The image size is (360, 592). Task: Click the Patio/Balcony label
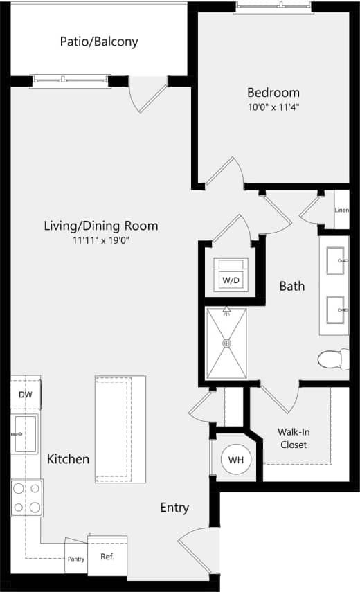pyautogui.click(x=98, y=42)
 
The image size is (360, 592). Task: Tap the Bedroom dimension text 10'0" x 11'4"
pyautogui.click(x=273, y=107)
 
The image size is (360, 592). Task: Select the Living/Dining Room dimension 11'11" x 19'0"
pyautogui.click(x=101, y=240)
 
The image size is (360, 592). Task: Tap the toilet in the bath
pyautogui.click(x=332, y=359)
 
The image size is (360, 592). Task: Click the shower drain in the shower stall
pyautogui.click(x=225, y=343)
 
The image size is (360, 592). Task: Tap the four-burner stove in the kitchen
pyautogui.click(x=26, y=498)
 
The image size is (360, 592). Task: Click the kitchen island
pyautogui.click(x=120, y=430)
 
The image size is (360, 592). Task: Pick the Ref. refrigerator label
pyautogui.click(x=107, y=557)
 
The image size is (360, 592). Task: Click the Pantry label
pyautogui.click(x=76, y=559)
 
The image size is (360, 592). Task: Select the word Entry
pyautogui.click(x=174, y=508)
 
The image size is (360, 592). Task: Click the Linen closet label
pyautogui.click(x=341, y=210)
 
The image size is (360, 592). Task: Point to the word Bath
pyautogui.click(x=292, y=285)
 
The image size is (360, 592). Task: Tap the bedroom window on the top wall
pyautogui.click(x=273, y=7)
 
